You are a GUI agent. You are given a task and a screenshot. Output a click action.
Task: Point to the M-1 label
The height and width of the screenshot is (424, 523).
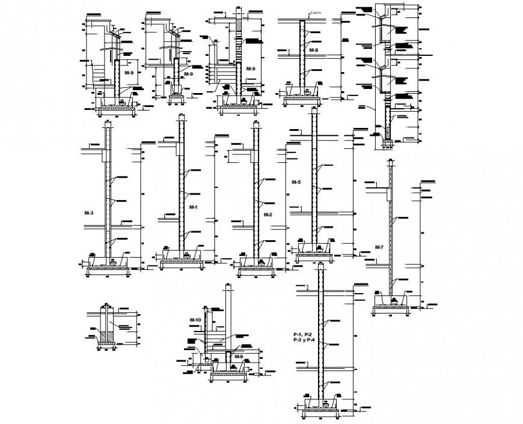(193, 207)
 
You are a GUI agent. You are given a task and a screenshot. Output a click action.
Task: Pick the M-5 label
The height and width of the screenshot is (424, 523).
(296, 181)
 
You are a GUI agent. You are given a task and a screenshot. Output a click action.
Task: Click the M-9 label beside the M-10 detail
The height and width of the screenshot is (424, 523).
(238, 357)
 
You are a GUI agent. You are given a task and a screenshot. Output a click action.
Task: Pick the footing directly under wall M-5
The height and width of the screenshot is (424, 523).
(313, 255)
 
